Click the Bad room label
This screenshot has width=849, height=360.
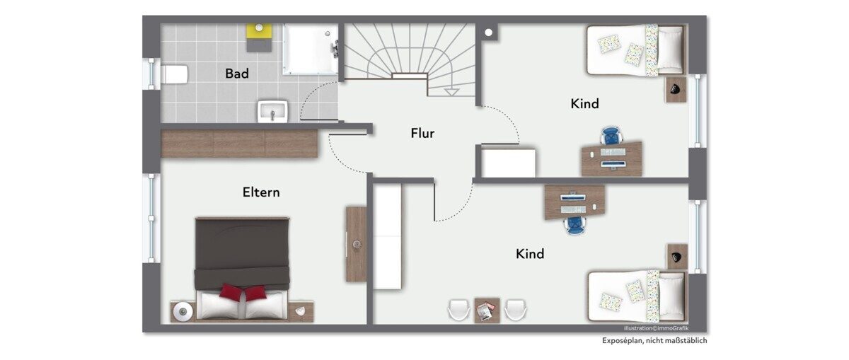pyautogui.click(x=237, y=74)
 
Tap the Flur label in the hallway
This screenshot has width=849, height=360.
pyautogui.click(x=422, y=133)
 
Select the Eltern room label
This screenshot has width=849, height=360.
pyautogui.click(x=261, y=192)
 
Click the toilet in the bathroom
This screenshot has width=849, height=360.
pyautogui.click(x=174, y=74)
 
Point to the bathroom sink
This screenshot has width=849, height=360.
pyautogui.click(x=273, y=111)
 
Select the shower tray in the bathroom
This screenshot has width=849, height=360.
pyautogui.click(x=311, y=49)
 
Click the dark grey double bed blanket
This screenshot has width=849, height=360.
pyautogui.click(x=243, y=253)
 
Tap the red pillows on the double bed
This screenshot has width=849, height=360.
pyautogui.click(x=242, y=292)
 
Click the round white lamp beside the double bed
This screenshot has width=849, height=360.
pyautogui.click(x=183, y=312)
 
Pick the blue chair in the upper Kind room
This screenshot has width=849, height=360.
pyautogui.click(x=611, y=136)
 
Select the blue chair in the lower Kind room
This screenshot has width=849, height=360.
pyautogui.click(x=575, y=226)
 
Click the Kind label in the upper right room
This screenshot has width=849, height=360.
pyautogui.click(x=585, y=103)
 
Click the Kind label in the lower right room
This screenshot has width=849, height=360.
pyautogui.click(x=530, y=253)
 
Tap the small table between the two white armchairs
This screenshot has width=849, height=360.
pyautogui.click(x=487, y=310)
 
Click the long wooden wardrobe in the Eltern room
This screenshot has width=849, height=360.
pyautogui.click(x=239, y=144)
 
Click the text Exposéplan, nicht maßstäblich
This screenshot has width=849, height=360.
pyautogui.click(x=654, y=341)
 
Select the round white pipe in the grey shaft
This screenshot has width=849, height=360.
pyautogui.click(x=489, y=33)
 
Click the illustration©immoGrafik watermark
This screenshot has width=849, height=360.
pyautogui.click(x=656, y=328)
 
